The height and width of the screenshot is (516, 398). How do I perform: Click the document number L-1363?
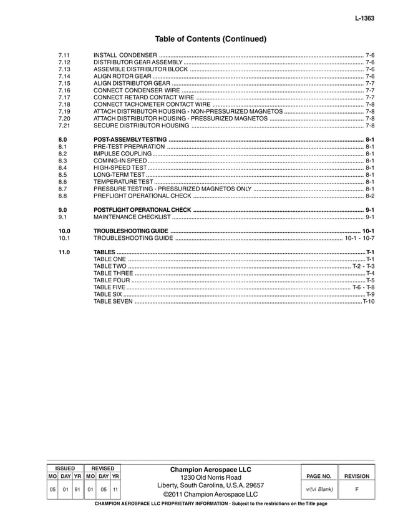point(365,19)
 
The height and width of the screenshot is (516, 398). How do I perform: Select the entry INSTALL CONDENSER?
point(125,56)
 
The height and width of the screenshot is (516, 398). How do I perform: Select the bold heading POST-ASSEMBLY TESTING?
point(130,139)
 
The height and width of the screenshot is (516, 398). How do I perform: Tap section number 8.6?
point(62,181)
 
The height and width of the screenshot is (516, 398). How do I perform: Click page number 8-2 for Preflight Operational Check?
point(369,196)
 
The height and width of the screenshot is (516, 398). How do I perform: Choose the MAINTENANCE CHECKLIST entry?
point(132,217)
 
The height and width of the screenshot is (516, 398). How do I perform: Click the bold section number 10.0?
point(64,231)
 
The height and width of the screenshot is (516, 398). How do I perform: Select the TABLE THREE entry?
point(113,273)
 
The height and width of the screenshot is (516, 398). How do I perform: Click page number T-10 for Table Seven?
point(368,301)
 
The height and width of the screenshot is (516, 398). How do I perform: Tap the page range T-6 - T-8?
point(363,287)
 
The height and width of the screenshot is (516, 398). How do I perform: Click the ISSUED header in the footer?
point(65,468)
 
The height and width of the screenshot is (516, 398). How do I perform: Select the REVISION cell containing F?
point(357,489)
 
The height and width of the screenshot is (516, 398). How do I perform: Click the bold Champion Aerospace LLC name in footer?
point(210,469)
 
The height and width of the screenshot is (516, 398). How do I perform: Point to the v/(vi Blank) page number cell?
point(320,489)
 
